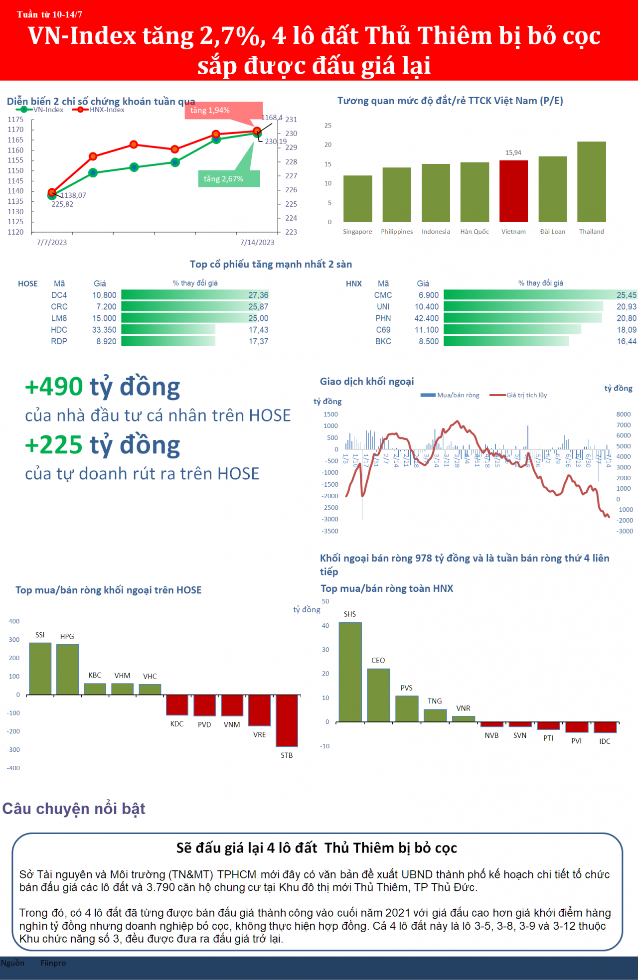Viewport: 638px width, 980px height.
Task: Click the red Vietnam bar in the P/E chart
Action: click(x=513, y=191)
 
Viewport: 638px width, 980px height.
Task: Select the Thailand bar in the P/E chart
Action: click(x=591, y=182)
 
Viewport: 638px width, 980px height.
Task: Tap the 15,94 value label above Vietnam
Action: click(x=513, y=152)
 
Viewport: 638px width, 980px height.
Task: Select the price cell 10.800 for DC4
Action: click(x=104, y=295)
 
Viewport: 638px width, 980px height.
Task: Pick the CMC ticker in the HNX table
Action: click(x=383, y=295)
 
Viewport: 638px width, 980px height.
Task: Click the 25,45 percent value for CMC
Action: click(x=626, y=295)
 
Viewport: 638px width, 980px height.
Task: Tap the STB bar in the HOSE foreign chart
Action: click(x=287, y=720)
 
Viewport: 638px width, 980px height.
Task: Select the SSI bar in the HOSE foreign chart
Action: click(x=40, y=669)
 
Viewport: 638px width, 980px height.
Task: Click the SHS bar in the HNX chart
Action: click(x=350, y=672)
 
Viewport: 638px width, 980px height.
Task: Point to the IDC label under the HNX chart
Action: click(x=605, y=741)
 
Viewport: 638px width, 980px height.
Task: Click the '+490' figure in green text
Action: click(x=54, y=387)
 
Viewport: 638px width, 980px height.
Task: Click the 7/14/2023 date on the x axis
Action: click(x=257, y=243)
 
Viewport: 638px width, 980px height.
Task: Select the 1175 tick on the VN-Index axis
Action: click(x=15, y=120)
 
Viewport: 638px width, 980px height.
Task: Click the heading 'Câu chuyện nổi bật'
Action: click(x=74, y=808)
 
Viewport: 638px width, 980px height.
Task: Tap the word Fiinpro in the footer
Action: click(x=53, y=963)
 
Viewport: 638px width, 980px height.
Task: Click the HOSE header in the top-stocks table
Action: click(x=28, y=283)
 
